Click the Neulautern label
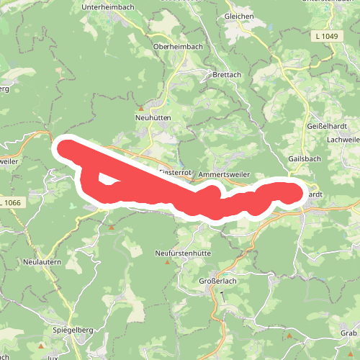pos(41,261)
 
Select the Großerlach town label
pos(216,281)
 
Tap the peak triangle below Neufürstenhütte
pos(168,262)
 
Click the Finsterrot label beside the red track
pos(176,173)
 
